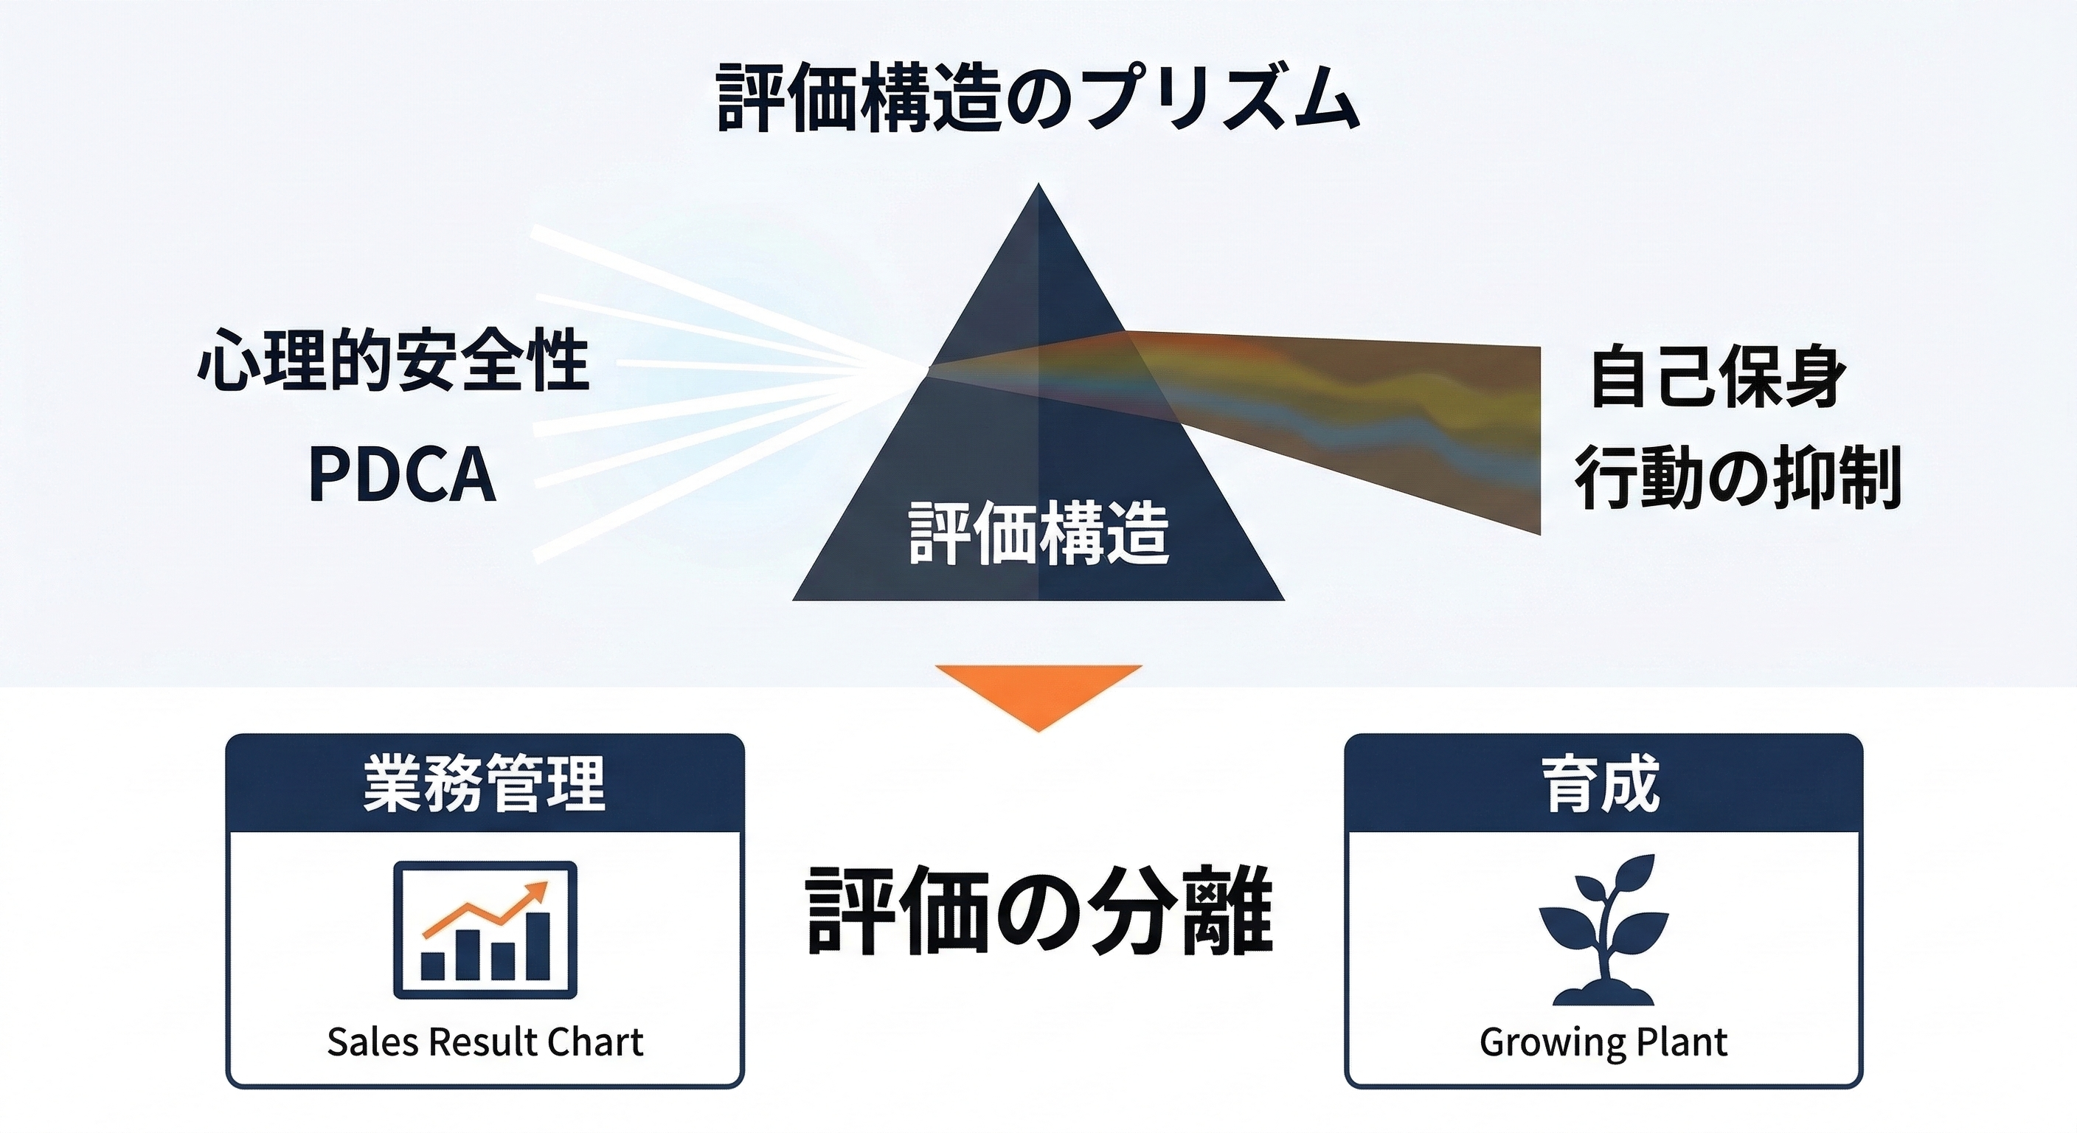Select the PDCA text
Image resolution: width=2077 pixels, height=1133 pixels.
pos(401,474)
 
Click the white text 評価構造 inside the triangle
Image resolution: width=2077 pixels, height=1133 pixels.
pos(1038,533)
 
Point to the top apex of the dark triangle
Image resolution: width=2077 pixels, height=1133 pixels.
pos(1038,187)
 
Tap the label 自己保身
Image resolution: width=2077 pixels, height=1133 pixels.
pos(1717,377)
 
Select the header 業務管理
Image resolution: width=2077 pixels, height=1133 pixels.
pos(485,783)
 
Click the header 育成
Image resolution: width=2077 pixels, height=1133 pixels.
pos(1602,783)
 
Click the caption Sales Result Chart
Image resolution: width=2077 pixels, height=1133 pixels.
pos(485,1042)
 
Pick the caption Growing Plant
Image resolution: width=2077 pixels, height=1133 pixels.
pos(1603,1042)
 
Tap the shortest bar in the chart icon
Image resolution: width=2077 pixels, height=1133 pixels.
pos(433,965)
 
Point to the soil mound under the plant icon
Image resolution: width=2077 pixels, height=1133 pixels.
pos(1603,995)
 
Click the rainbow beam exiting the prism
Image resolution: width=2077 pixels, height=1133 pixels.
pos(1370,412)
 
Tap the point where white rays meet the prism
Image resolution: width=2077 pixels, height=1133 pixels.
pos(929,368)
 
